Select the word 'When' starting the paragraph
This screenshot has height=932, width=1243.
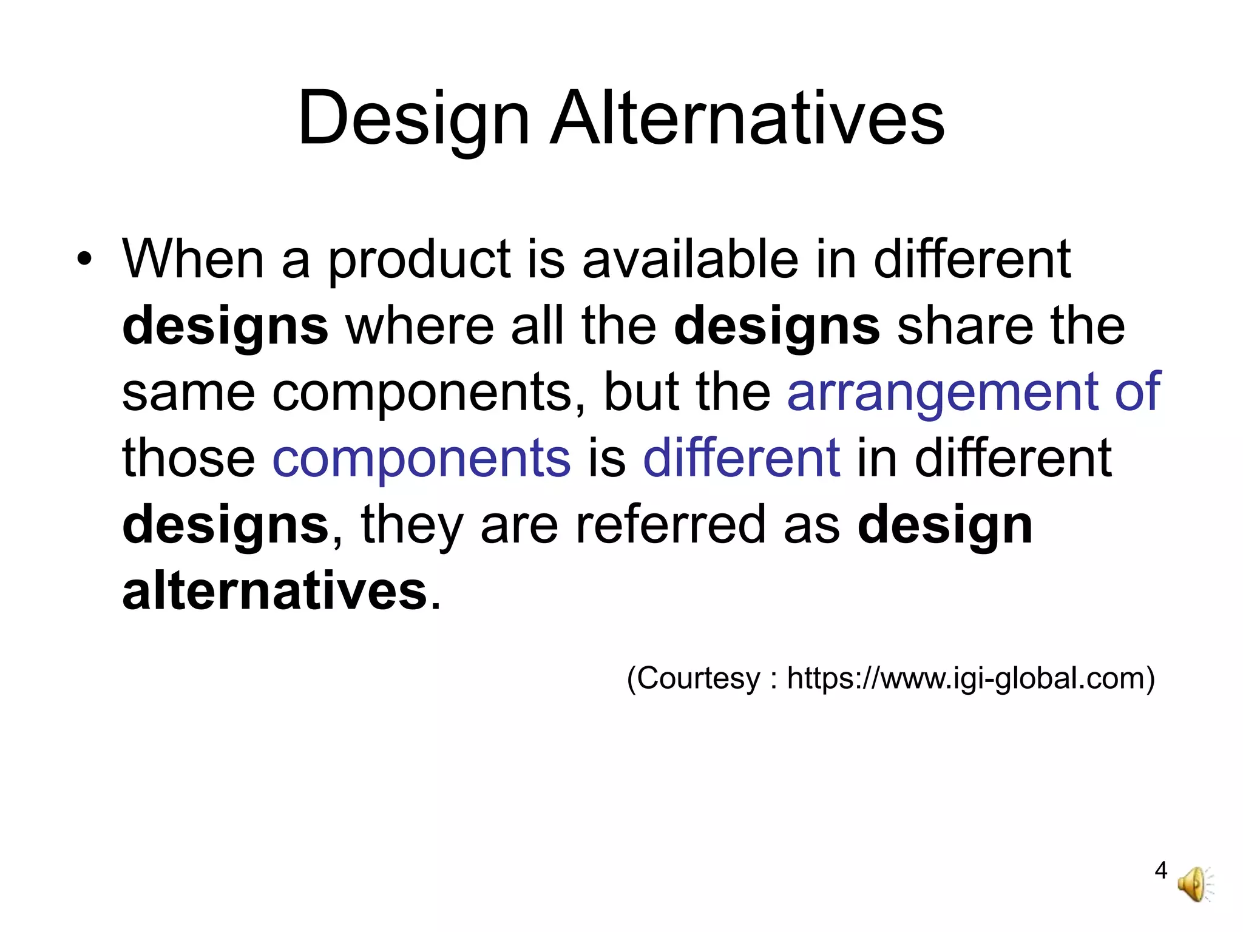click(x=193, y=259)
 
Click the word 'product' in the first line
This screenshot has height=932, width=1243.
click(x=419, y=261)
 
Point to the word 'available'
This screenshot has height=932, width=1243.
click(x=690, y=259)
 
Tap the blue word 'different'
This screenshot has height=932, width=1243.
click(x=741, y=458)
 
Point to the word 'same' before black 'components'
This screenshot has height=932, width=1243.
click(x=188, y=393)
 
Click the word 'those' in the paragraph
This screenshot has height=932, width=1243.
click(x=188, y=458)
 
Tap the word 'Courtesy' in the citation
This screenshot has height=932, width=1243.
click(x=699, y=678)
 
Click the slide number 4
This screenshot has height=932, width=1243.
click(x=1160, y=870)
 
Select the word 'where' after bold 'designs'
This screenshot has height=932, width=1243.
click(x=419, y=326)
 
